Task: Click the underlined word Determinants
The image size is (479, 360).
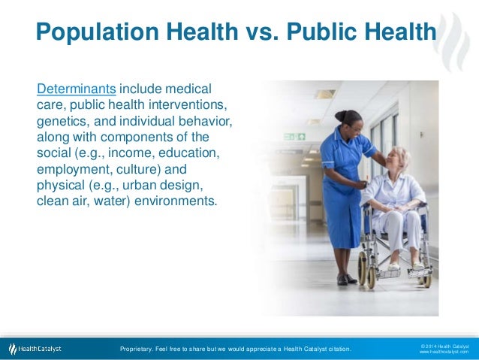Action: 76,89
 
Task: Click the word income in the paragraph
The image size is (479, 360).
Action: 138,153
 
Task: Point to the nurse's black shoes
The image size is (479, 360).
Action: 347,280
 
